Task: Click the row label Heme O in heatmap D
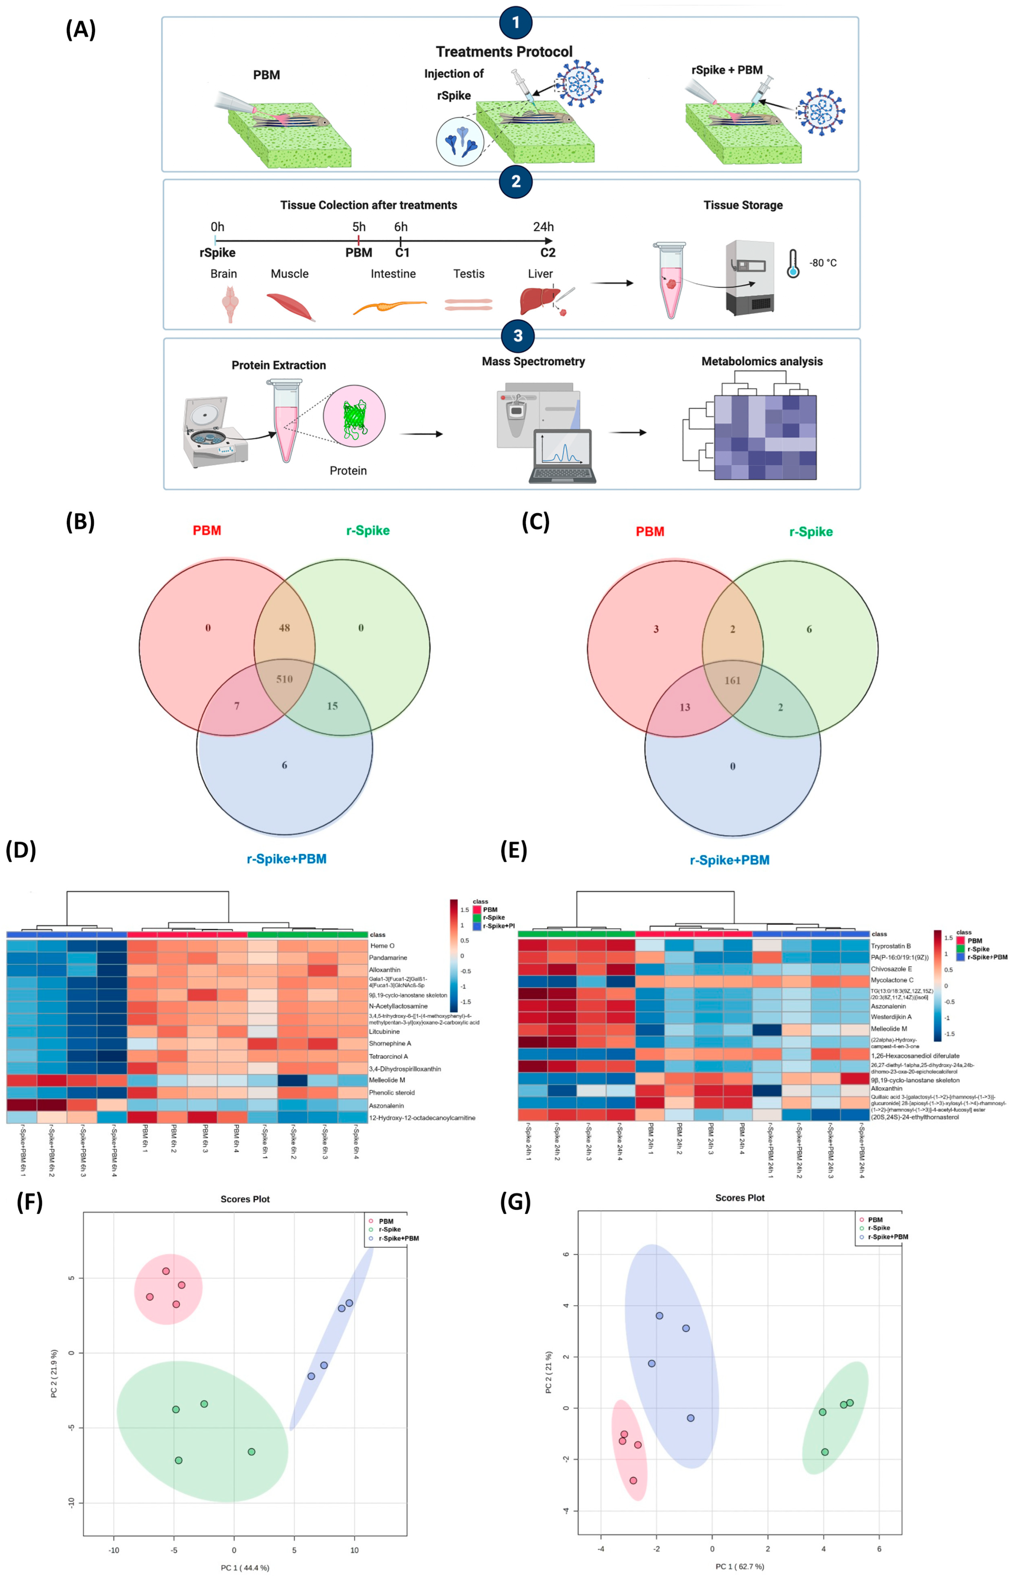click(x=382, y=946)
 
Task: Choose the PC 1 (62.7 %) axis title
click(x=740, y=1566)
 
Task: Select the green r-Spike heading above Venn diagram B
click(x=368, y=530)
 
